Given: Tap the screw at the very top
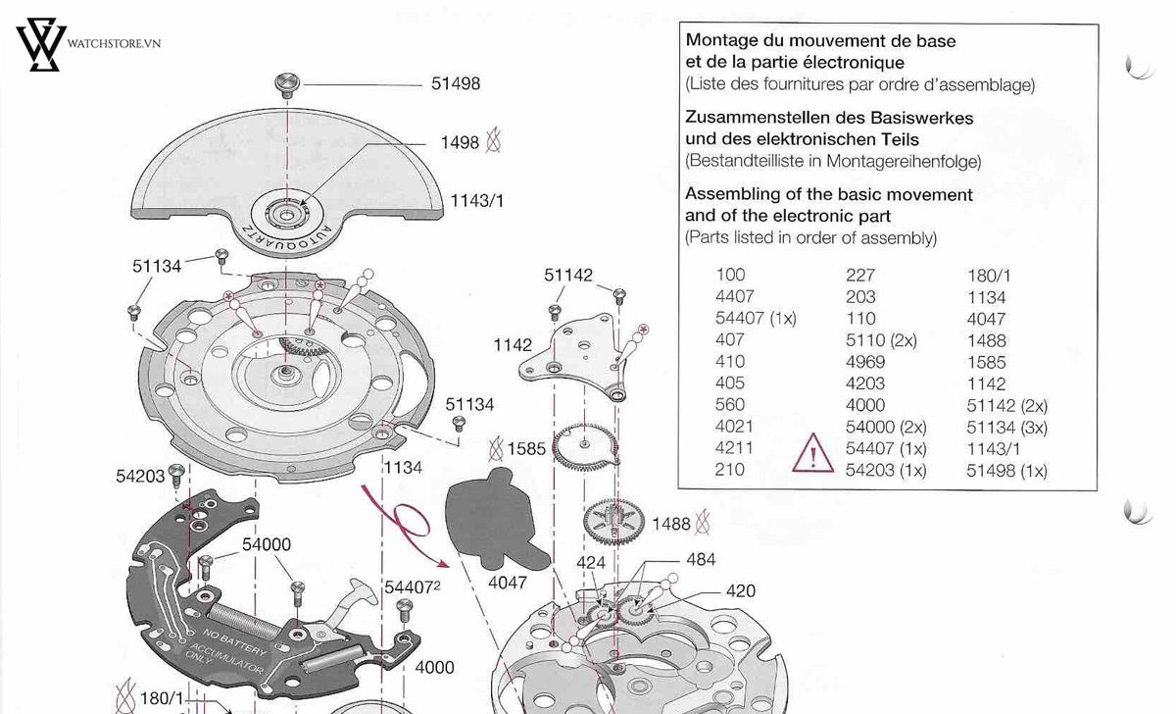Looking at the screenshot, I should (287, 82).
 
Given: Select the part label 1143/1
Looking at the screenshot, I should (476, 201).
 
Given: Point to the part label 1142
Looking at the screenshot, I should (513, 345).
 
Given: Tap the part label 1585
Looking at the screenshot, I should (526, 450).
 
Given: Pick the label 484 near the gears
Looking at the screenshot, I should (701, 560).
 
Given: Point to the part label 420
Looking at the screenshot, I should (740, 591).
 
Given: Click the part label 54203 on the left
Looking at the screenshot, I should (139, 476).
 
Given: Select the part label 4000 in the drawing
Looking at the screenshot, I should (434, 667).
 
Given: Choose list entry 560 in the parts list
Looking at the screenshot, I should (730, 405).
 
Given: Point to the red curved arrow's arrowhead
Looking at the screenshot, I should (443, 564).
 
